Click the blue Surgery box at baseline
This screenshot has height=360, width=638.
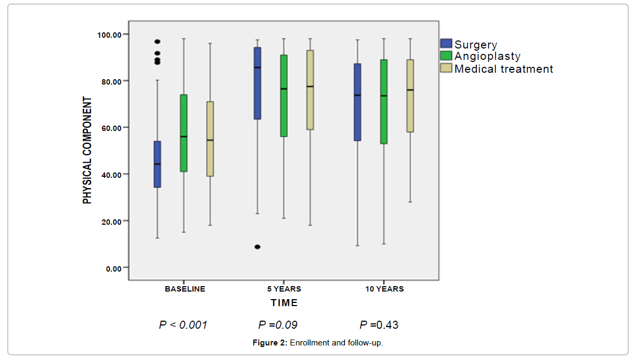click(157, 164)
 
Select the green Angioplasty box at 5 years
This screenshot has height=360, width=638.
click(284, 95)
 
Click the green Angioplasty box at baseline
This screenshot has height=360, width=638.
click(184, 133)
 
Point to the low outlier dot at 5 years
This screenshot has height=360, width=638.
click(258, 247)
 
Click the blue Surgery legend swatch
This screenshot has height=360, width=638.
click(446, 44)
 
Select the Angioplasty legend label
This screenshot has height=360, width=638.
click(488, 56)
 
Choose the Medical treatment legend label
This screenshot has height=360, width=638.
click(504, 68)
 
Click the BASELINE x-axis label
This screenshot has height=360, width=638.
click(185, 289)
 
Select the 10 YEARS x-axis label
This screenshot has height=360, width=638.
click(384, 289)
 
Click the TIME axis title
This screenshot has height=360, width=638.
click(284, 303)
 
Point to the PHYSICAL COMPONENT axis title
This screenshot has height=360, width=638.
click(87, 150)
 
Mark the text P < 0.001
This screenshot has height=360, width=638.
click(183, 325)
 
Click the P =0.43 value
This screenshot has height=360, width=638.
click(379, 325)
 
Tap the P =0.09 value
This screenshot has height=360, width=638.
click(278, 325)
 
